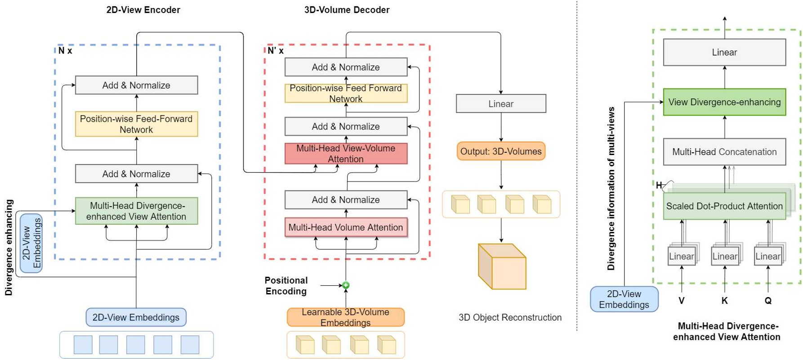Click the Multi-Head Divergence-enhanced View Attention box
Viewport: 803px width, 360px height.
tap(136, 211)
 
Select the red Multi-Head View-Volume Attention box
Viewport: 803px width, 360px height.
tap(346, 154)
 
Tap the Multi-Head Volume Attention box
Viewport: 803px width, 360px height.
tap(346, 227)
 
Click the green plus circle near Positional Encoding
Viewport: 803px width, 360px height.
tap(346, 285)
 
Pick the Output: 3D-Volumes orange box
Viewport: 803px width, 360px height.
tap(501, 151)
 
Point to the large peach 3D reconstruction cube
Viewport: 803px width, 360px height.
tap(502, 267)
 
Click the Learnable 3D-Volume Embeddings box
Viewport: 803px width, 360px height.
tap(346, 317)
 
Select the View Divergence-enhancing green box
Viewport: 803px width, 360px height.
tap(724, 102)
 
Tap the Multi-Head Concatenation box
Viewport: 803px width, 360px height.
tap(724, 152)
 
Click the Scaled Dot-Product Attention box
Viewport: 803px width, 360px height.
tap(724, 206)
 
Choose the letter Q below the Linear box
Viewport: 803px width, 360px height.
tap(768, 301)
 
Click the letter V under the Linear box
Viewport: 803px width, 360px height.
tap(682, 301)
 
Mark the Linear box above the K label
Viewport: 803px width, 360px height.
tap(725, 257)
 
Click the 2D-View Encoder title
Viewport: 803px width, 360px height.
tap(143, 10)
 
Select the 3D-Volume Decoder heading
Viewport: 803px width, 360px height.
tap(347, 10)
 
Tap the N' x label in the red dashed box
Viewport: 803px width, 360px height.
tap(276, 51)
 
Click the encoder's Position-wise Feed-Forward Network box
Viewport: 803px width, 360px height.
tap(136, 124)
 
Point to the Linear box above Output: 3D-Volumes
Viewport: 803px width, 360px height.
tap(501, 104)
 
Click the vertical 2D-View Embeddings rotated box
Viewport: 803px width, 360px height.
tap(31, 243)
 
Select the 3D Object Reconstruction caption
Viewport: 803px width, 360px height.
tap(510, 317)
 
